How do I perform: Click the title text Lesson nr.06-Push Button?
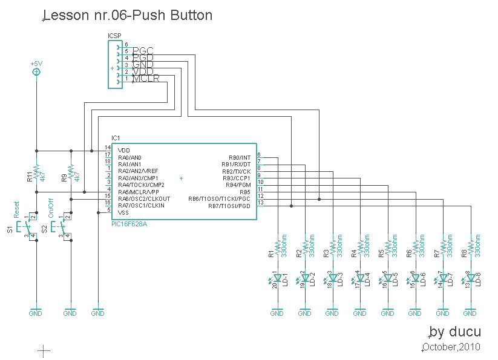(x=128, y=15)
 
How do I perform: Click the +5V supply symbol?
(x=36, y=72)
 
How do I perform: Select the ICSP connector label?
(x=114, y=36)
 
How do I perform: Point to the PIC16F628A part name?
(x=129, y=223)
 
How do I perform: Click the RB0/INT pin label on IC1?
(x=239, y=157)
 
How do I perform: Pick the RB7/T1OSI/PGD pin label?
(x=229, y=206)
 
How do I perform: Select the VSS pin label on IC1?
(x=123, y=212)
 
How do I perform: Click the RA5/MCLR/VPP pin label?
(x=139, y=192)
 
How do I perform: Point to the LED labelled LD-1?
(x=277, y=280)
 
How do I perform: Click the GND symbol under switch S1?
(x=36, y=312)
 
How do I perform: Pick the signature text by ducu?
(x=455, y=332)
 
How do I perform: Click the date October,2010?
(x=451, y=347)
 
